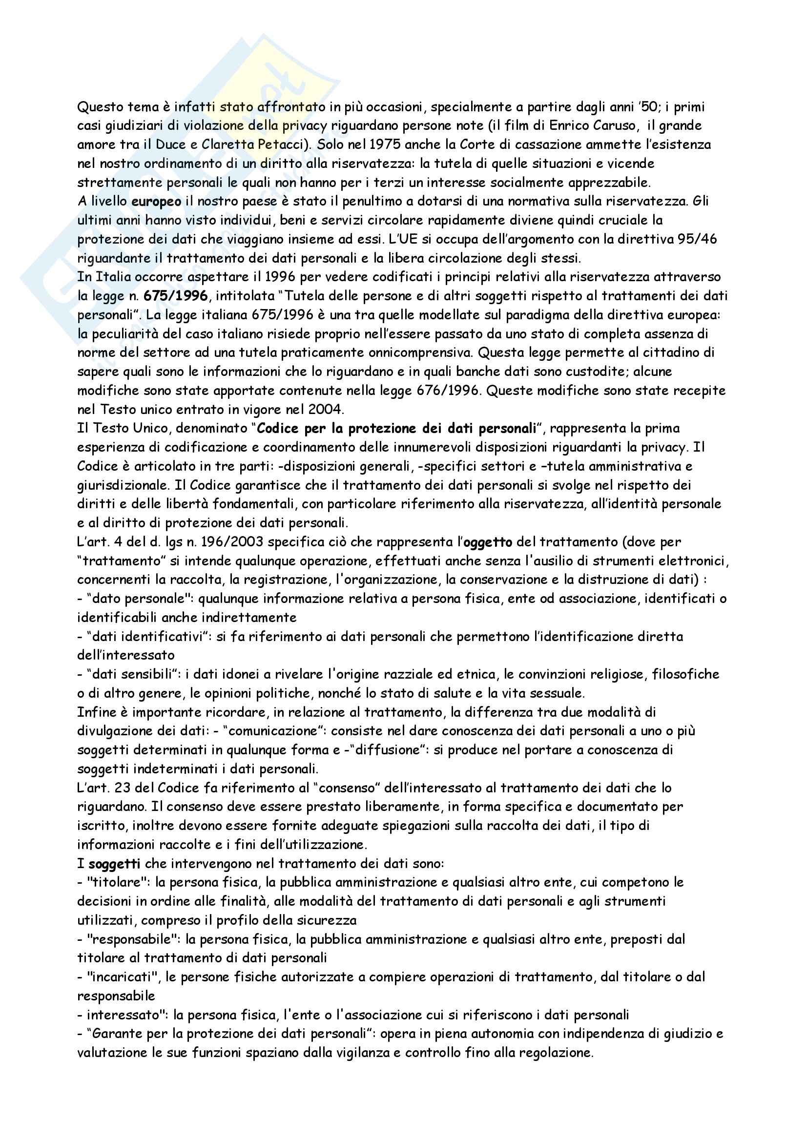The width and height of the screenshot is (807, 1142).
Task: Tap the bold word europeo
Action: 157,202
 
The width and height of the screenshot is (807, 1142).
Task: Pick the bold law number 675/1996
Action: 176,296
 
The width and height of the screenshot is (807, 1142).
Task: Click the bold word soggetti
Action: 114,864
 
